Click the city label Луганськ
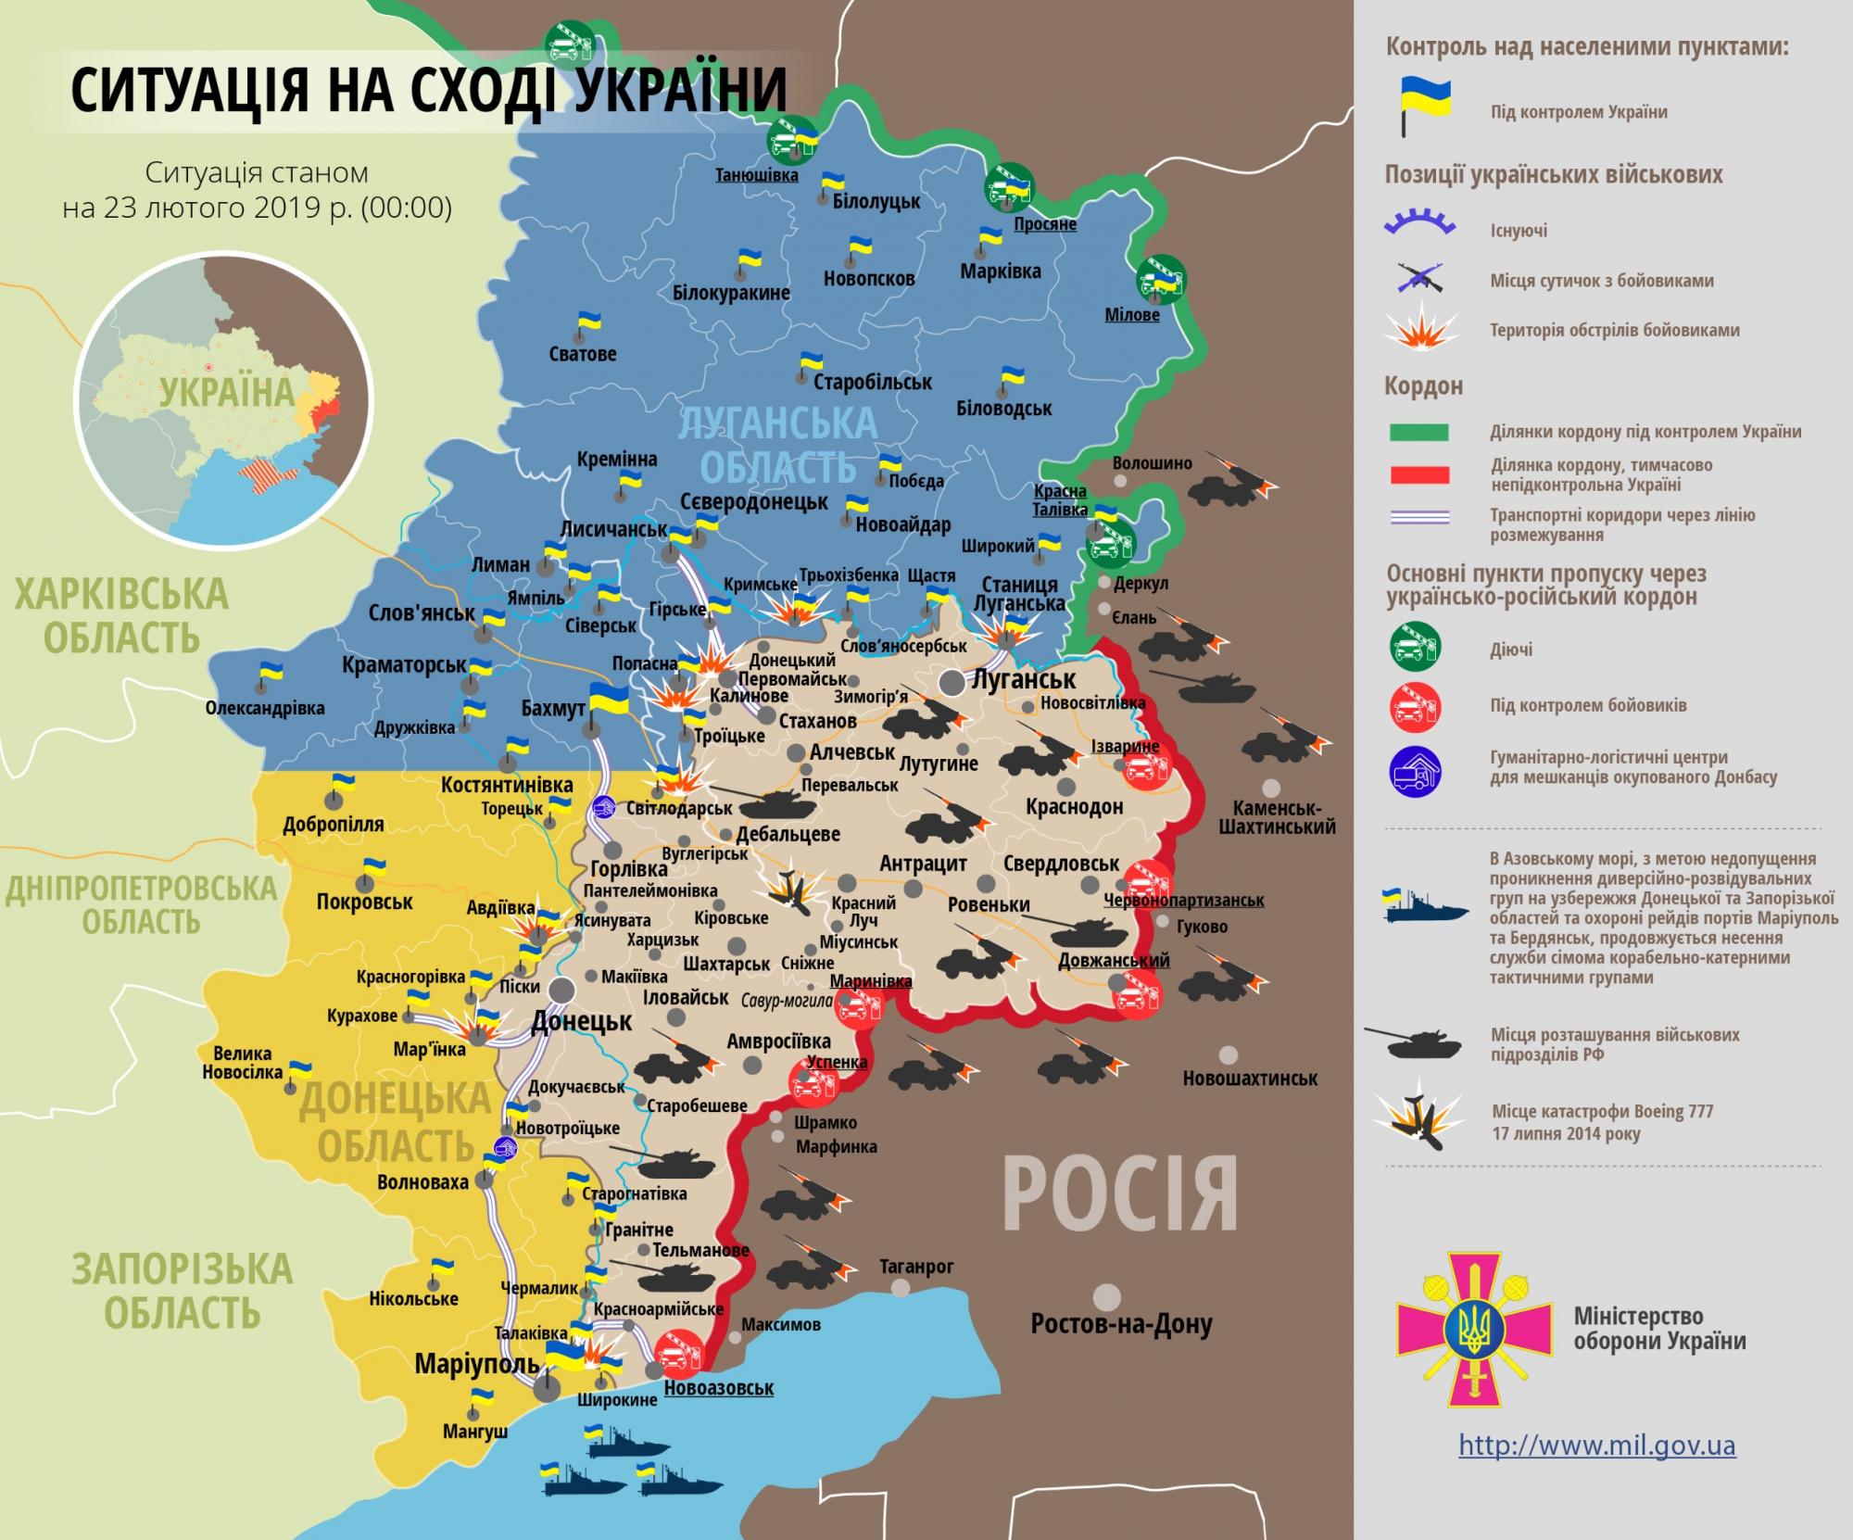click(1023, 679)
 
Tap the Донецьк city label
click(581, 1022)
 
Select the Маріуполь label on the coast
click(476, 1364)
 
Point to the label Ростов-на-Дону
click(1121, 1325)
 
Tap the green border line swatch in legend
click(1418, 433)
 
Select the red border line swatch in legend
click(1418, 475)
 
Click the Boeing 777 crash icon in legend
click(1418, 1122)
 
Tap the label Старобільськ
click(873, 382)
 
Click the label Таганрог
click(916, 1267)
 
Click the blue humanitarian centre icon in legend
click(1415, 768)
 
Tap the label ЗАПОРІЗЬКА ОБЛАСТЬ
click(183, 1291)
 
